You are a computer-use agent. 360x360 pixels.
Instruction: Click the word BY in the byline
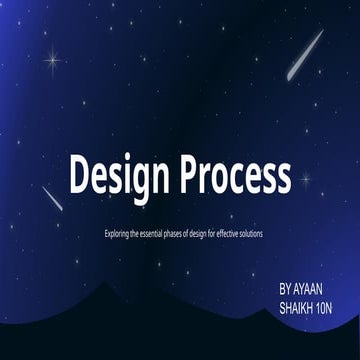pos(287,287)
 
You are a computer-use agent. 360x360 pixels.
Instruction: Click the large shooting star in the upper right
pos(305,55)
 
